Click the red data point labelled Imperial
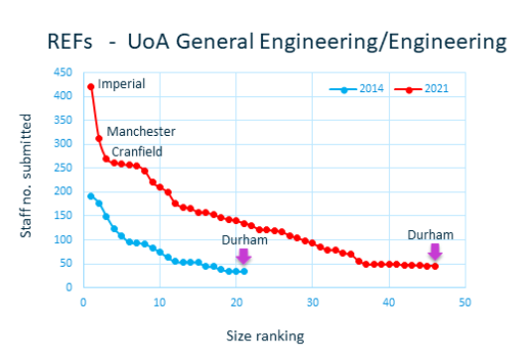90,87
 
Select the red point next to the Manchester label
98,139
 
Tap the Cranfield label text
137,152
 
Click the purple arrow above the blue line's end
243,256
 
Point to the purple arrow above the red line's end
435,252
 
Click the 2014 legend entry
356,89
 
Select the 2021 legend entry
422,89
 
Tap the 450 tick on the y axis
63,72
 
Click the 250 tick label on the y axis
63,168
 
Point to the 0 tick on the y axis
68,287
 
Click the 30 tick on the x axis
313,302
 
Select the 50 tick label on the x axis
464,302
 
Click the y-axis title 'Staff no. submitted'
26,176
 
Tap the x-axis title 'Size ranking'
265,336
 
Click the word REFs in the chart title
69,42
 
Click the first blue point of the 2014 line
90,196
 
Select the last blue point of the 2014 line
244,271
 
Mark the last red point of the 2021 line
435,266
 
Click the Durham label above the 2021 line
431,235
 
